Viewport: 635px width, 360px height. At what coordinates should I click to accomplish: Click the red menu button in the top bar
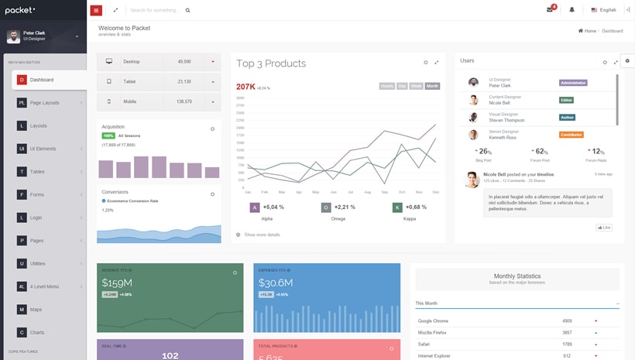point(96,10)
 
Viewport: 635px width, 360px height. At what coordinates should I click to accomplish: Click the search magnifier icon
point(187,11)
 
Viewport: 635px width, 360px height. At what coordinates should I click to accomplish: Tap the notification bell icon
point(572,10)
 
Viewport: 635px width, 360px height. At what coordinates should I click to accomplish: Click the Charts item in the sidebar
point(36,332)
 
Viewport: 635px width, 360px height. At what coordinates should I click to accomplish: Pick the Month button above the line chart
point(432,86)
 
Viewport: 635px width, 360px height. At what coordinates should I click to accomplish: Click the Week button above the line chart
point(416,86)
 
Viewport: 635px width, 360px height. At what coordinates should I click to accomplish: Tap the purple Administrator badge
point(573,82)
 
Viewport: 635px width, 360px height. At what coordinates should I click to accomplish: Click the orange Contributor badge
point(571,135)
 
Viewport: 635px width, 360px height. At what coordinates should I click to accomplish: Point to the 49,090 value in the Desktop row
point(184,61)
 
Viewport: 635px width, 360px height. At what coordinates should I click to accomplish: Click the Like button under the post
point(604,228)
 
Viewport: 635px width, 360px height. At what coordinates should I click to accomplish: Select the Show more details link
point(262,235)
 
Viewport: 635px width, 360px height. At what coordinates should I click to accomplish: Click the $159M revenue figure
point(117,283)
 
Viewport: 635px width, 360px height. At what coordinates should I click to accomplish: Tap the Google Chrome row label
point(434,321)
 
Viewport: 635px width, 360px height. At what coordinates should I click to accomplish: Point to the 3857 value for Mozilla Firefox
point(567,332)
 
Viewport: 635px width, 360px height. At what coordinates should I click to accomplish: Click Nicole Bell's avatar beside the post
point(471,180)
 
